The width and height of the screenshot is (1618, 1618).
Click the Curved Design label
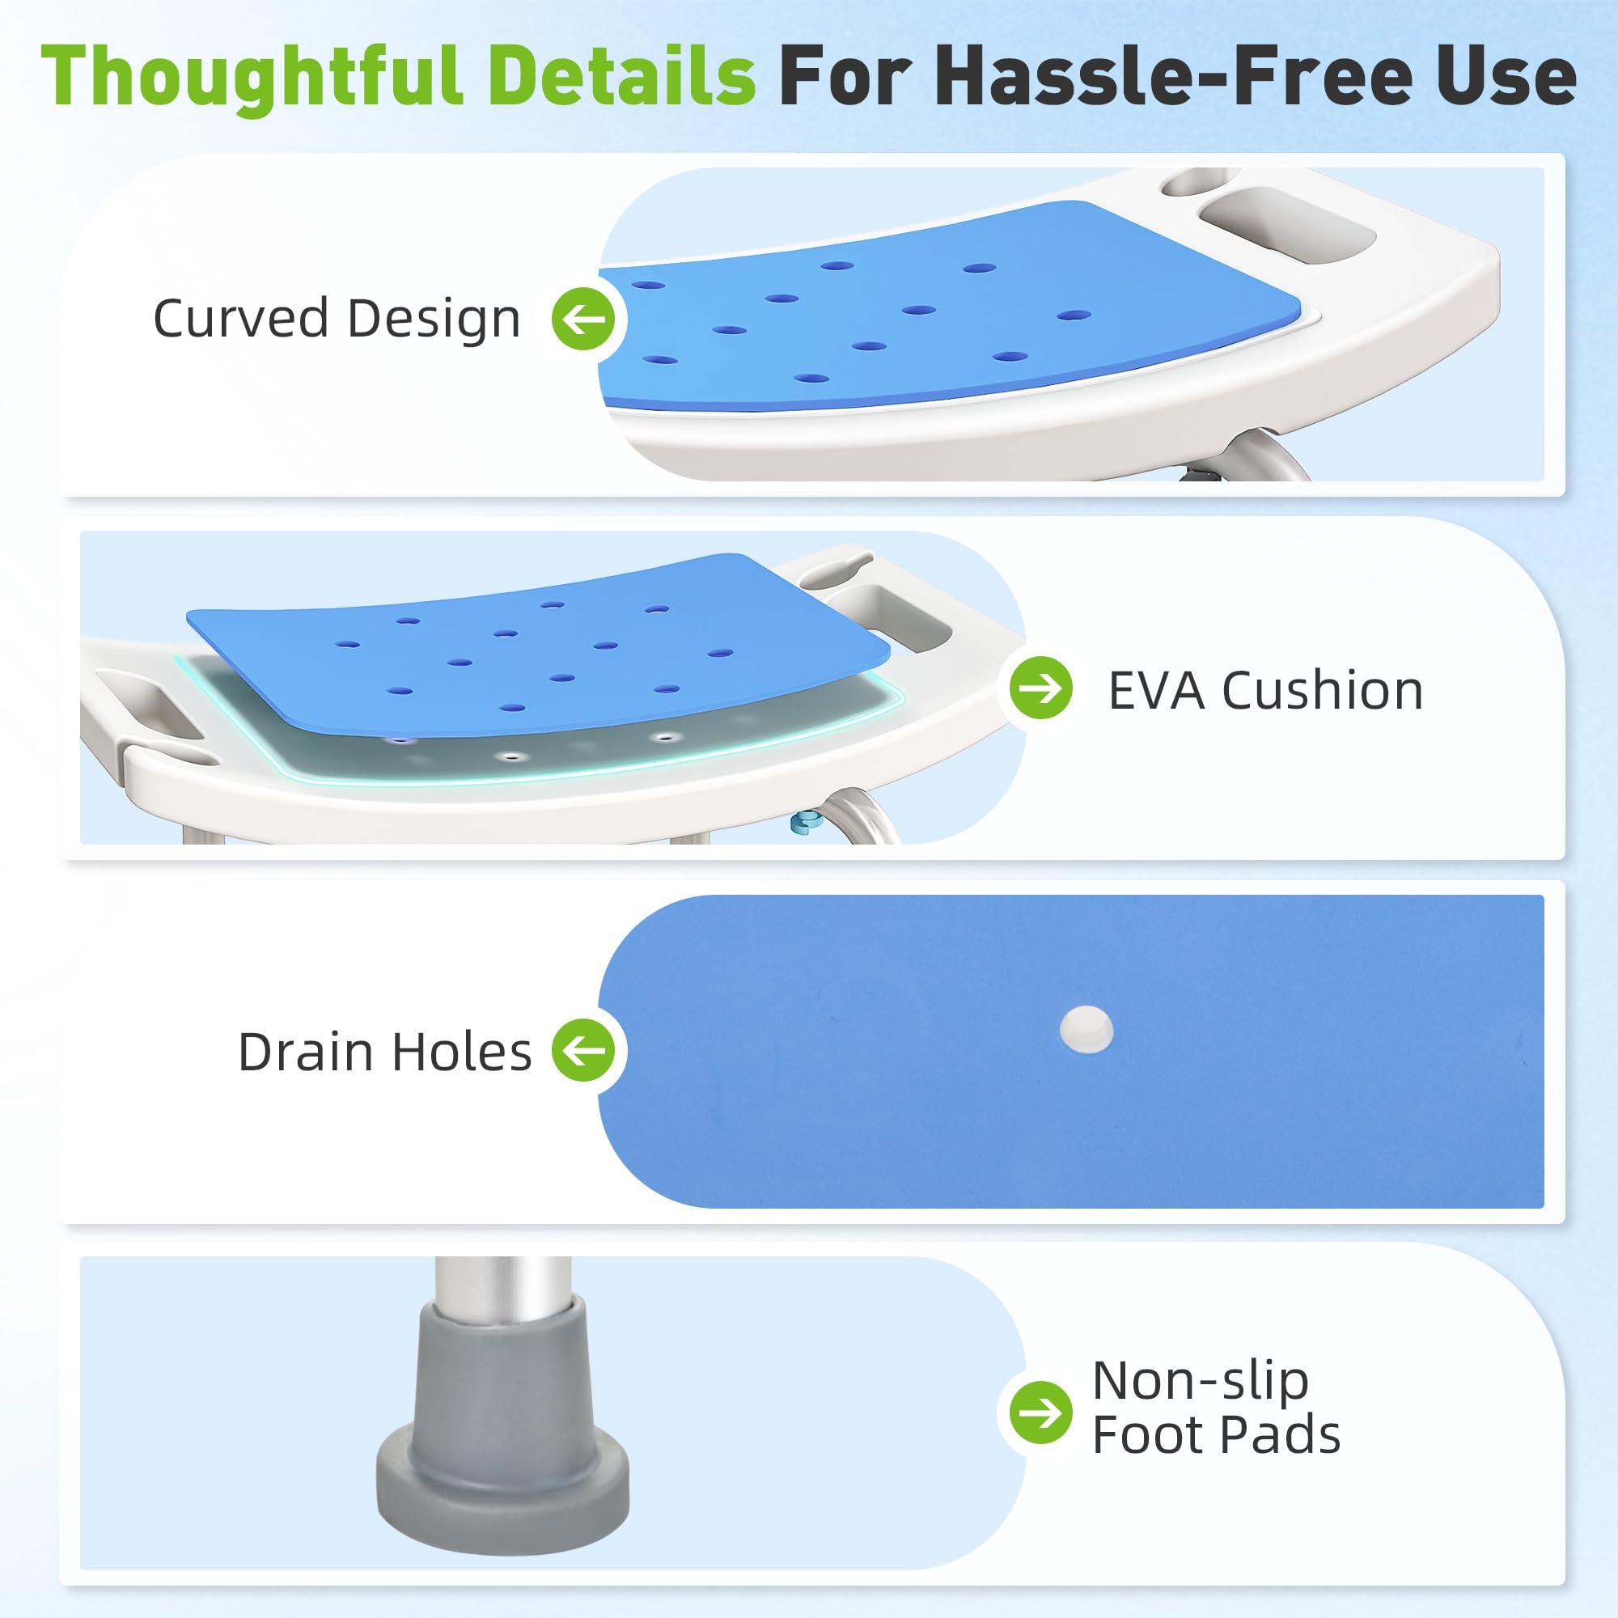337,318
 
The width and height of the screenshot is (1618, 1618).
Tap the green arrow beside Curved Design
584,318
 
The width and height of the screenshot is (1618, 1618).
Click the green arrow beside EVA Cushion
1041,688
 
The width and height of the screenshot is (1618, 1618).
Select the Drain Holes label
385,1051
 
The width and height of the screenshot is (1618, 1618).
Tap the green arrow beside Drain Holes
584,1049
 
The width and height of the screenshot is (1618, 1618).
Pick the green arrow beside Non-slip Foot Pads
1041,1413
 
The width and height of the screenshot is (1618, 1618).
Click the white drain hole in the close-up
1086,1028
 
